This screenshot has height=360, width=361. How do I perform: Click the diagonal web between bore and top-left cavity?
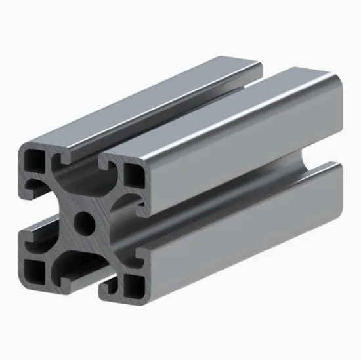pos(62,197)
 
